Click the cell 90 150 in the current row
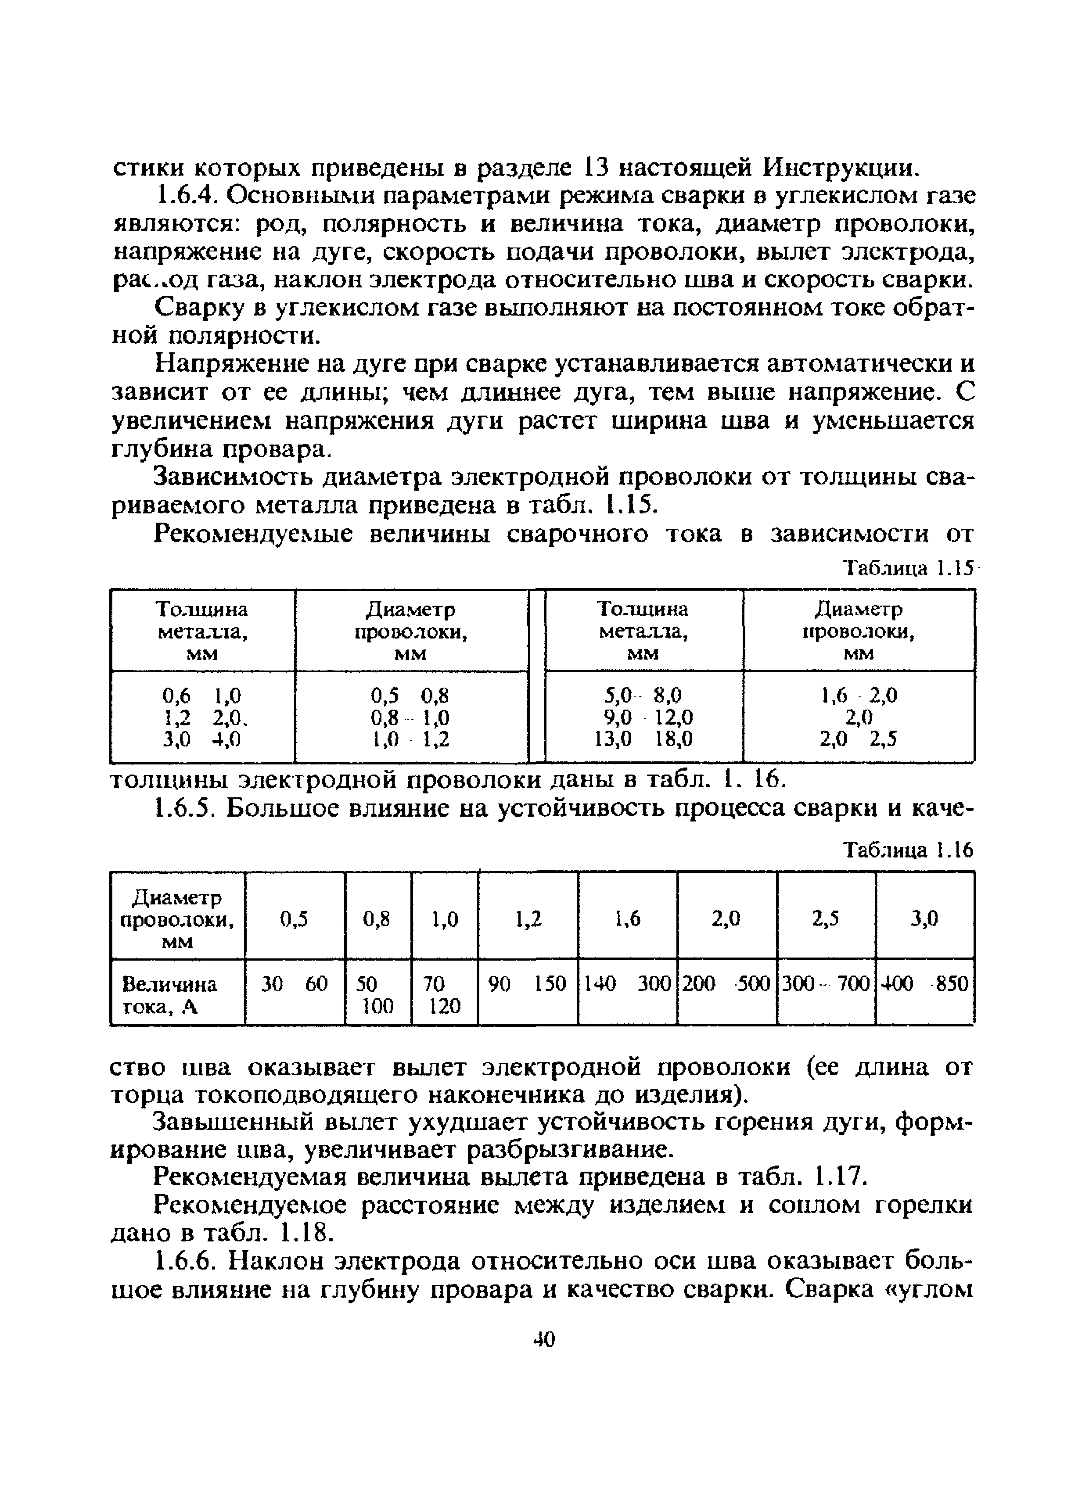tap(528, 984)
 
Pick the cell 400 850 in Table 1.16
tap(925, 984)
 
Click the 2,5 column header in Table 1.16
tap(826, 918)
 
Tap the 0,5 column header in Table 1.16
tap(294, 918)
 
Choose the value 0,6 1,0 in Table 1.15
tap(202, 695)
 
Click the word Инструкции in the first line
tap(842, 168)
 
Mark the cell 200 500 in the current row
tap(726, 984)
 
